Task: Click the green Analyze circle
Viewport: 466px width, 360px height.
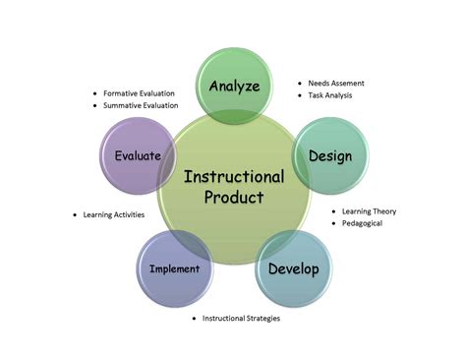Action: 234,85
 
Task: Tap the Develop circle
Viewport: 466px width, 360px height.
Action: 294,269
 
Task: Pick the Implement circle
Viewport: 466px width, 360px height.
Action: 174,269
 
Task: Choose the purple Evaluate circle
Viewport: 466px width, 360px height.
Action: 138,155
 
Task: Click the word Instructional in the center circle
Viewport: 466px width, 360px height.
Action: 234,177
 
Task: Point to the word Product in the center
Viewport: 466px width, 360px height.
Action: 234,198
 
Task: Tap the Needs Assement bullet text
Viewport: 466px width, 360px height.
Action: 345,84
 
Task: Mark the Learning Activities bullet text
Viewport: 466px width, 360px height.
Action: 114,214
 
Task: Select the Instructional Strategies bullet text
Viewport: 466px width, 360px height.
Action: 242,319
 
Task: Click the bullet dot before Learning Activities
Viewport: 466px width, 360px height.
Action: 76,214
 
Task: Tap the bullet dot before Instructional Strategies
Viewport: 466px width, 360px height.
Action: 194,319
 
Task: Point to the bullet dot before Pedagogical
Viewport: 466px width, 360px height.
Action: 332,223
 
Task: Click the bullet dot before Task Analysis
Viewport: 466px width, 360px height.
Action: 300,95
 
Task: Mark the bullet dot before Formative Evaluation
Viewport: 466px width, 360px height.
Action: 94,93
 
